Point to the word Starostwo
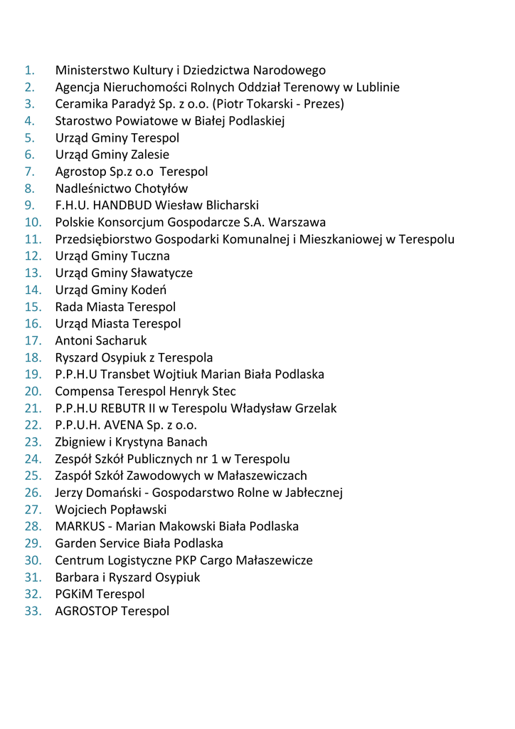82,121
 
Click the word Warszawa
299,222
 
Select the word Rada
69,307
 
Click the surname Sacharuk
121,340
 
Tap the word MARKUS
79,526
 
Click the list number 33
33,611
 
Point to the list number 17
33,340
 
